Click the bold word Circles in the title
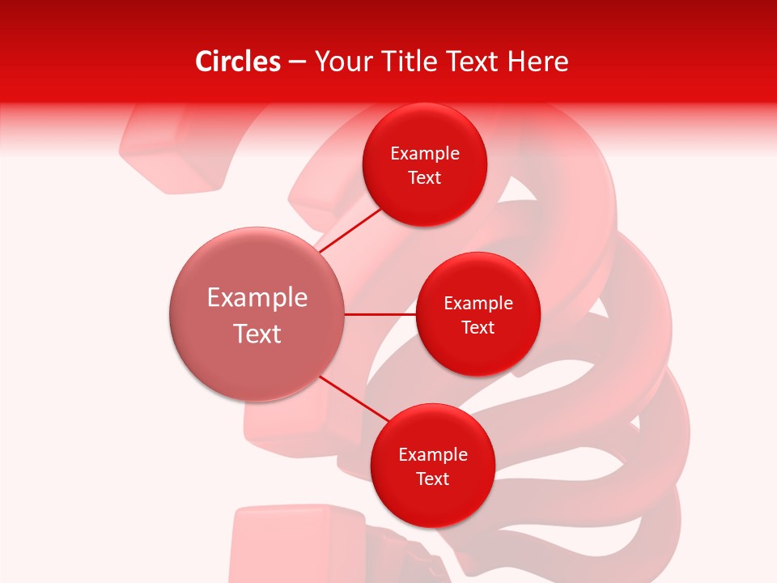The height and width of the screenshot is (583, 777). pyautogui.click(x=237, y=62)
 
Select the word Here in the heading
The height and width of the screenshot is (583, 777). pyautogui.click(x=537, y=62)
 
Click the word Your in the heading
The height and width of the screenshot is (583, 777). pyautogui.click(x=342, y=62)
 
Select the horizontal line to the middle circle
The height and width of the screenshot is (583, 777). pyautogui.click(x=380, y=314)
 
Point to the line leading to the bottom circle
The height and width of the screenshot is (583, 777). pyautogui.click(x=356, y=399)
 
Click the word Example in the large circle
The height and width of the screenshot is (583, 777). pyautogui.click(x=257, y=298)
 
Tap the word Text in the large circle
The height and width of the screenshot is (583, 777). pyautogui.click(x=257, y=334)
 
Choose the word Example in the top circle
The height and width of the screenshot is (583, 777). pyautogui.click(x=425, y=154)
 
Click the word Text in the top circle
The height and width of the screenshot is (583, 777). pyautogui.click(x=425, y=178)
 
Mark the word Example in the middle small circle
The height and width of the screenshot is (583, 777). pyautogui.click(x=478, y=304)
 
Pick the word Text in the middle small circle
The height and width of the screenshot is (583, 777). pyautogui.click(x=478, y=328)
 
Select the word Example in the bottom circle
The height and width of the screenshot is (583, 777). pyautogui.click(x=433, y=455)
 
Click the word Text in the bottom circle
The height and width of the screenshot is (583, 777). pyautogui.click(x=433, y=479)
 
